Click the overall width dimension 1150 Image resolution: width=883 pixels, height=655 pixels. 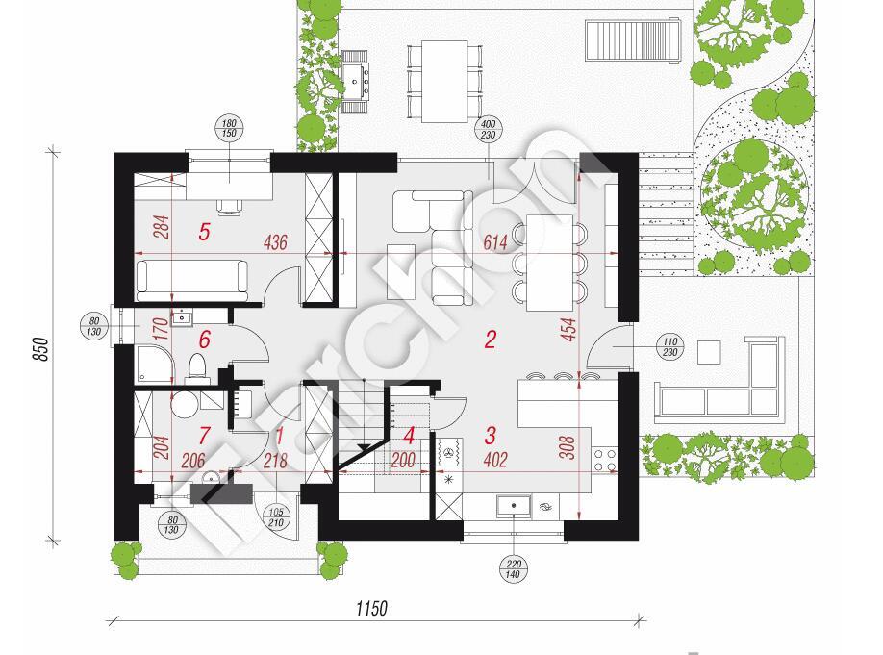click(371, 608)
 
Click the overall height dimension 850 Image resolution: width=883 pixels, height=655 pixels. click(41, 349)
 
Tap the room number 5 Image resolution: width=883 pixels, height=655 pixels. click(205, 232)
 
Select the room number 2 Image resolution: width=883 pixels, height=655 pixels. click(490, 340)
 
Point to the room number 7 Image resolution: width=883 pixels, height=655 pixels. click(205, 436)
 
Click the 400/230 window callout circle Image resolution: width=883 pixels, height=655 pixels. click(489, 130)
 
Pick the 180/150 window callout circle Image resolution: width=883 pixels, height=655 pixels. click(229, 129)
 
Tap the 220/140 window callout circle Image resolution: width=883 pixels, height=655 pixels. click(514, 569)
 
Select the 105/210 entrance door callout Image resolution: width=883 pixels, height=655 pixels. click(276, 517)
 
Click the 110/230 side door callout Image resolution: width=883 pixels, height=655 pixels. click(670, 347)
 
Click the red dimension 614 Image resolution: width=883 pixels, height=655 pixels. click(495, 242)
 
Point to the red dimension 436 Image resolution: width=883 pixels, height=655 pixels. click(275, 242)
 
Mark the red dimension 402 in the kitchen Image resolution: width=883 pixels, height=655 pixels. click(495, 460)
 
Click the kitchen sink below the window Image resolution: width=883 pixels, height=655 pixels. click(514, 506)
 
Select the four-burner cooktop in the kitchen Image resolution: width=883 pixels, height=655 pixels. click(604, 459)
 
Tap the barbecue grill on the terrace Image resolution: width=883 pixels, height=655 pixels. click(355, 82)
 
